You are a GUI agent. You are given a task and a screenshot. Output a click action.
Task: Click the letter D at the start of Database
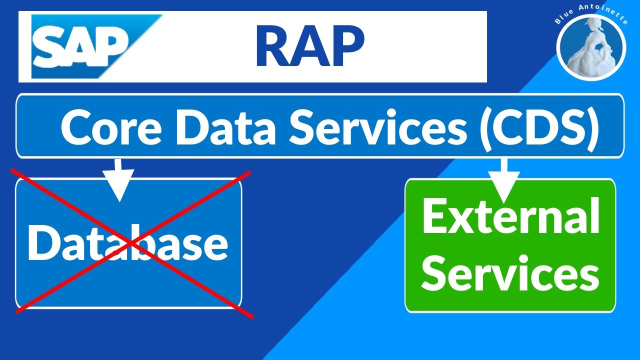tap(42, 242)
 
